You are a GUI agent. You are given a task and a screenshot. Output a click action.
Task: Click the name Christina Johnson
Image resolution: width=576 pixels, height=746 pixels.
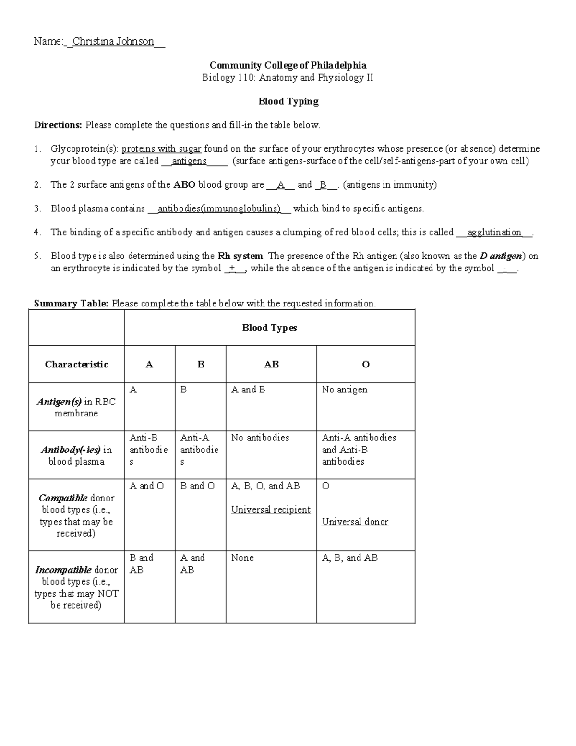click(113, 42)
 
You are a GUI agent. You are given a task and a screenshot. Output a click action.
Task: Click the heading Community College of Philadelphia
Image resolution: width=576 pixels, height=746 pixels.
click(288, 65)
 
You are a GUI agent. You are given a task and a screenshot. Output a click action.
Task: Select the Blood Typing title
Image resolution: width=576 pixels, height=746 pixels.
click(288, 101)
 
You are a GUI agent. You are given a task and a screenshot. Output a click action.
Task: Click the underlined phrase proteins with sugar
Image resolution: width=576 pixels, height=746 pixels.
click(161, 149)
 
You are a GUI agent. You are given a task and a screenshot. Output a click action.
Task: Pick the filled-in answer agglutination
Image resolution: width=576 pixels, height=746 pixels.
click(494, 232)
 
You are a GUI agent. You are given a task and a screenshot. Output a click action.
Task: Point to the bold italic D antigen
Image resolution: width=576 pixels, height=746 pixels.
click(502, 256)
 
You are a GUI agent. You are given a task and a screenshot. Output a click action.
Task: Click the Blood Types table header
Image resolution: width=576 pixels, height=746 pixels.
click(269, 328)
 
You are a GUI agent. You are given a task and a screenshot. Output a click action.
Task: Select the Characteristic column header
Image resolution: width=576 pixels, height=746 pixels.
click(76, 365)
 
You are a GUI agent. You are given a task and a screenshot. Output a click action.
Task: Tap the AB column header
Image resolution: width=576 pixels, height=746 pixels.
click(271, 365)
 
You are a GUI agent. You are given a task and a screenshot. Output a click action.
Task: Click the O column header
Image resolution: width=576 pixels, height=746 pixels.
click(365, 365)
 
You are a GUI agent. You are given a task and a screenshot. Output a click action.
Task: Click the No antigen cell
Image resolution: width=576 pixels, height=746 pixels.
click(344, 390)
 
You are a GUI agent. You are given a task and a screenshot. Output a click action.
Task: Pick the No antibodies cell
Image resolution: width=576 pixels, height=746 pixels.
click(260, 438)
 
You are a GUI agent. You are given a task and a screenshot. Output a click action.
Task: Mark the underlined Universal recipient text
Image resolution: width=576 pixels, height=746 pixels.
click(271, 510)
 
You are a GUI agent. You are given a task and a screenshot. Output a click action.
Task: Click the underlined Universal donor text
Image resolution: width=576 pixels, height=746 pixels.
click(355, 522)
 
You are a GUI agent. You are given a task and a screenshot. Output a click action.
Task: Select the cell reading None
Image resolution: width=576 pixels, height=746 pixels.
click(242, 558)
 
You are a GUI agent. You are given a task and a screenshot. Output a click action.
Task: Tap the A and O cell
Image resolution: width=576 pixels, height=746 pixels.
click(146, 486)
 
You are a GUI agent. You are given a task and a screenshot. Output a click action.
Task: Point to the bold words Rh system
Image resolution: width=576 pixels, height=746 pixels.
click(240, 256)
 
